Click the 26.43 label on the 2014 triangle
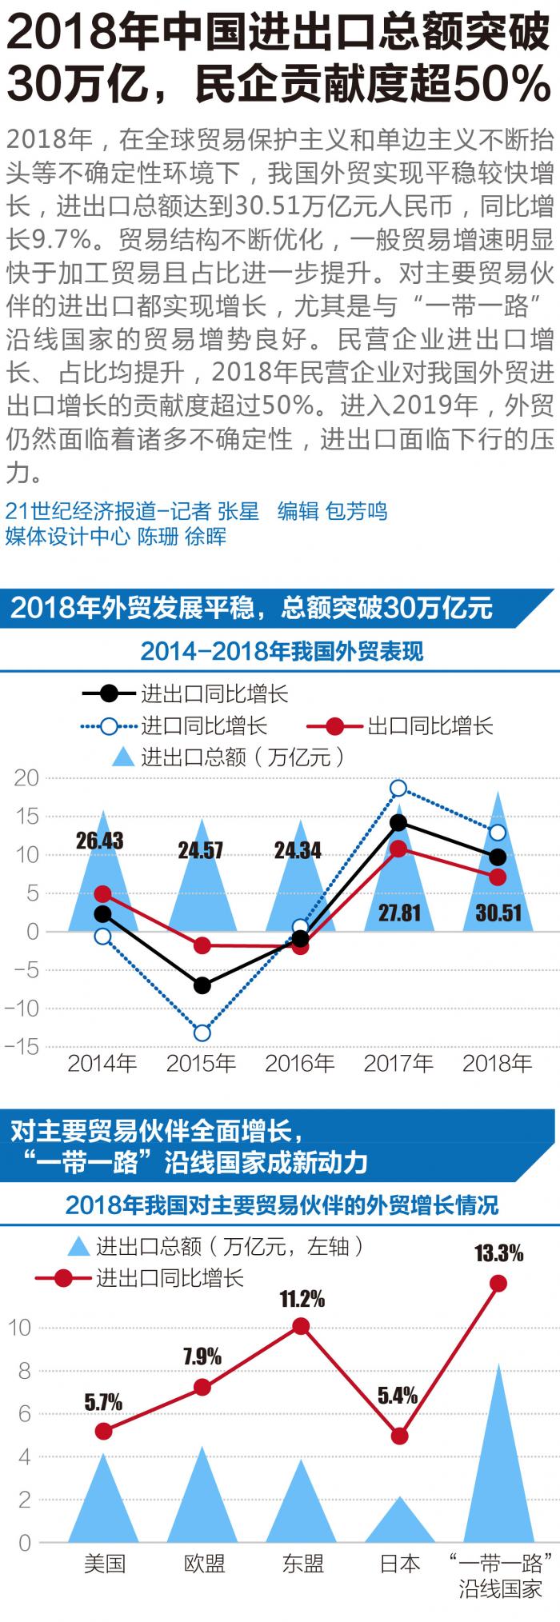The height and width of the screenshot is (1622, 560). click(x=100, y=841)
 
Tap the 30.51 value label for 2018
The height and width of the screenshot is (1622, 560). click(x=498, y=913)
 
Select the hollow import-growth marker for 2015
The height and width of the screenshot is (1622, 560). click(x=202, y=1033)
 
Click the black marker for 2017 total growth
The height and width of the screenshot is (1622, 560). click(x=398, y=823)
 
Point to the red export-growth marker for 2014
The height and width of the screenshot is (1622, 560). click(x=102, y=894)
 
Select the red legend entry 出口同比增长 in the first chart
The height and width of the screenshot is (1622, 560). click(x=430, y=726)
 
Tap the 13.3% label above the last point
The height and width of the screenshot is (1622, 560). click(x=498, y=1252)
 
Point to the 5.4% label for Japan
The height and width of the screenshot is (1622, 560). click(x=398, y=1396)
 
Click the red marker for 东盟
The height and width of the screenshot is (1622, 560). click(x=301, y=1327)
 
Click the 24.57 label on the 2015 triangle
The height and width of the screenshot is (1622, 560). click(x=200, y=849)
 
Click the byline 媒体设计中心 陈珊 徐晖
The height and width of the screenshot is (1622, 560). click(x=117, y=536)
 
